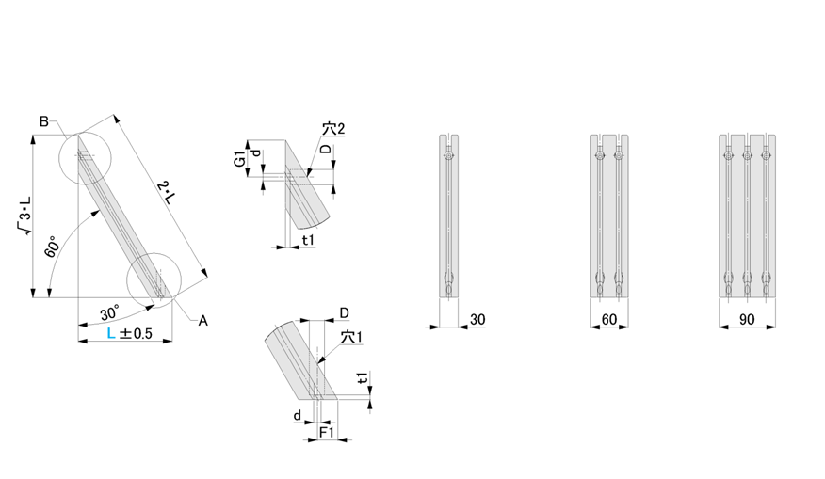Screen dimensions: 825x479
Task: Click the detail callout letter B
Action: click(x=44, y=121)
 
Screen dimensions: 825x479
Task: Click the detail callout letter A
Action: click(x=203, y=321)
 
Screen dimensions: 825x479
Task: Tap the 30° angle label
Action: click(x=110, y=312)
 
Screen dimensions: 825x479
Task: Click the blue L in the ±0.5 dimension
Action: click(x=110, y=333)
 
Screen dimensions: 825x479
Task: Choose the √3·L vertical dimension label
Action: click(x=24, y=216)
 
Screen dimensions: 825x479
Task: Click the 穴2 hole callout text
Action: click(x=333, y=128)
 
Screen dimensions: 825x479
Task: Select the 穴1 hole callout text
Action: click(x=351, y=337)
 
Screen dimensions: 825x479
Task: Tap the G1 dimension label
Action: click(x=239, y=158)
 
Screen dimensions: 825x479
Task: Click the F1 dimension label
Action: click(x=327, y=432)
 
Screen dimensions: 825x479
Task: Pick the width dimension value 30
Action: click(x=477, y=319)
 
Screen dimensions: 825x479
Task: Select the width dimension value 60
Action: click(x=608, y=319)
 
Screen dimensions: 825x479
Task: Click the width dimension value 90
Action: click(x=747, y=319)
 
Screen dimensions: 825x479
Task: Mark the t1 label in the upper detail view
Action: click(x=308, y=240)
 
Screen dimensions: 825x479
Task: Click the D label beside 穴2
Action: click(x=326, y=149)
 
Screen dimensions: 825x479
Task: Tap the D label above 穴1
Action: click(x=344, y=313)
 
